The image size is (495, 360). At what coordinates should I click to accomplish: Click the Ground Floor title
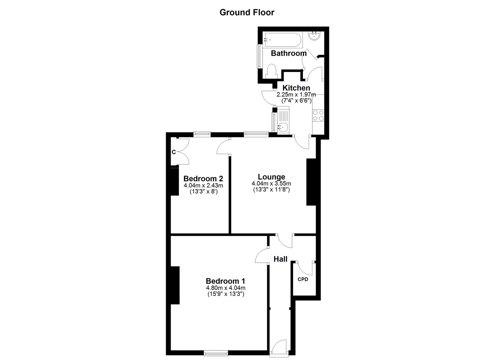tap(247, 12)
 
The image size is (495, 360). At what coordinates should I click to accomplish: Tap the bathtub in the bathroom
tap(283, 40)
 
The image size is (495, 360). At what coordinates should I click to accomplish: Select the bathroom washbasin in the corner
tap(315, 36)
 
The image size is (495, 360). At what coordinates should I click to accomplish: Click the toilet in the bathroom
tap(272, 71)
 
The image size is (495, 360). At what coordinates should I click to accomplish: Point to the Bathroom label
tap(289, 53)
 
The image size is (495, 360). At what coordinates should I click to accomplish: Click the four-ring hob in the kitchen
tap(318, 115)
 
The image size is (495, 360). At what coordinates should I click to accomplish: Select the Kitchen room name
tap(296, 88)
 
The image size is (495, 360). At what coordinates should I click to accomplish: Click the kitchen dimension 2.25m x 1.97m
tap(296, 95)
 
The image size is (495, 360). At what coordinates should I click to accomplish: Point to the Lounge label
tap(271, 177)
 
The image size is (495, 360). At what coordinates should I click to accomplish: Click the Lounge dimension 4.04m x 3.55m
tap(271, 184)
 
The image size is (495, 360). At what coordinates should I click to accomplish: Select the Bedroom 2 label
tap(203, 178)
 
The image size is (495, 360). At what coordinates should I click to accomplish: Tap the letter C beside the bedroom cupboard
tap(174, 152)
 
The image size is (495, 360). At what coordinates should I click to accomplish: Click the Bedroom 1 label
tap(225, 281)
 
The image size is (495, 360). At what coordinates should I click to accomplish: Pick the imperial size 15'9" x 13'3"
tap(226, 294)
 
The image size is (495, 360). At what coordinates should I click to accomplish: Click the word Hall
tap(280, 259)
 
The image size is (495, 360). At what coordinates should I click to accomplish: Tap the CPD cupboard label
tap(303, 279)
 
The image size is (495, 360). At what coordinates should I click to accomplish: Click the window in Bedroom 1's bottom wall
tap(216, 352)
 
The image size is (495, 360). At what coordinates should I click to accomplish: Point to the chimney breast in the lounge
tap(311, 182)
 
